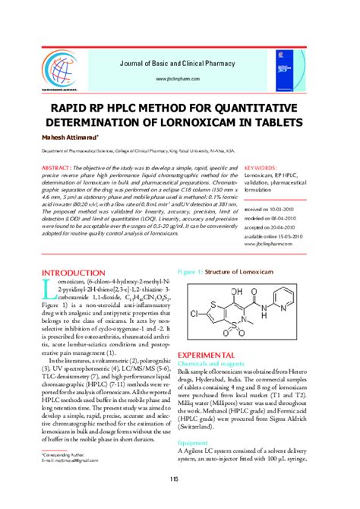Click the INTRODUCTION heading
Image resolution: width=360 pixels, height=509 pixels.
click(78, 272)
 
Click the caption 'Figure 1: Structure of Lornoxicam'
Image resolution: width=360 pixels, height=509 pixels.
click(219, 270)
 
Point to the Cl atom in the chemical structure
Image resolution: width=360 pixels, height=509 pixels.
click(194, 313)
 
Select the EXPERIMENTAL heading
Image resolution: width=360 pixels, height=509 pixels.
click(213, 356)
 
